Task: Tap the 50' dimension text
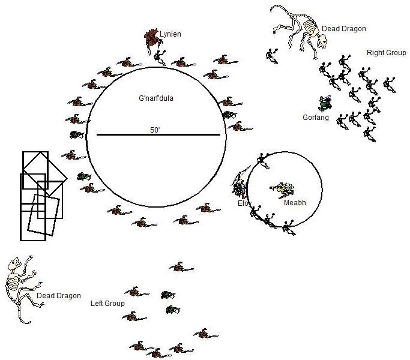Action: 156,129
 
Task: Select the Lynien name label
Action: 170,34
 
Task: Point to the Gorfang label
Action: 315,118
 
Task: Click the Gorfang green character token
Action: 325,103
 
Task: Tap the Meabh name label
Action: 295,203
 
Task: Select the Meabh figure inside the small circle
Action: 282,189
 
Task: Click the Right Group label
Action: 386,53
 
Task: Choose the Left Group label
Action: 107,304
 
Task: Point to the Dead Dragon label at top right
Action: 343,28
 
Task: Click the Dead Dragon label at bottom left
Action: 58,296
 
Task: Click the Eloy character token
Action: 240,187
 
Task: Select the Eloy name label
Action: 243,203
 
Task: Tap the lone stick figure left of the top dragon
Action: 271,56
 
